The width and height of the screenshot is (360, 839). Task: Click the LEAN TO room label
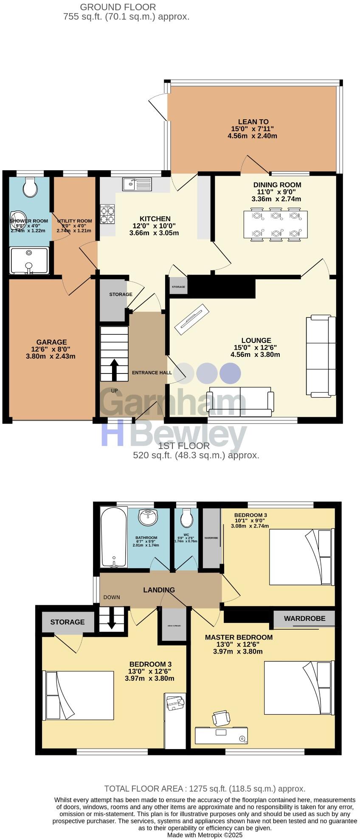click(253, 122)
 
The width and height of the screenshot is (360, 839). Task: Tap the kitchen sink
click(137, 184)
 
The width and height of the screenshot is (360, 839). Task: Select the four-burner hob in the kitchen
click(107, 214)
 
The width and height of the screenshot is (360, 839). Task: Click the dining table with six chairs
click(276, 224)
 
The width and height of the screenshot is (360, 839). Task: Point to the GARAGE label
click(51, 342)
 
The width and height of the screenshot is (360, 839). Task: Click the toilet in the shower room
click(30, 187)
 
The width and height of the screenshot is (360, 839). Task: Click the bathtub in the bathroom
click(113, 537)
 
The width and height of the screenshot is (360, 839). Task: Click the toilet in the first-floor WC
click(186, 517)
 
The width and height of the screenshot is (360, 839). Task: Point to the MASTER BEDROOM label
click(239, 637)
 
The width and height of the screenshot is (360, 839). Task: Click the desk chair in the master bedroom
click(222, 718)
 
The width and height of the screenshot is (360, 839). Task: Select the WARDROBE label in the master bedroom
click(304, 619)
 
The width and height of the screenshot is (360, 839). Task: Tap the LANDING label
click(159, 590)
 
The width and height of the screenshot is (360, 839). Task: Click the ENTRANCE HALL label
click(152, 373)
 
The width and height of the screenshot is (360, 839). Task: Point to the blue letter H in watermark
click(112, 433)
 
